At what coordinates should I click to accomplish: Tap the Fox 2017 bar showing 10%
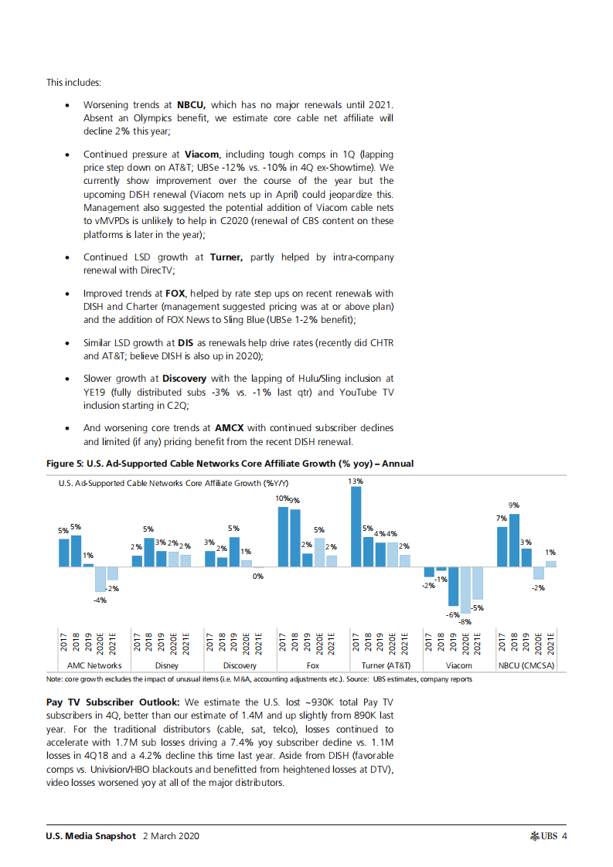(x=284, y=537)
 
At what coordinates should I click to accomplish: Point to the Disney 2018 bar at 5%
(x=149, y=552)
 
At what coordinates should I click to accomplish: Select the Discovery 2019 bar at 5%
(x=234, y=552)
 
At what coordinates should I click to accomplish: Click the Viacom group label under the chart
(x=458, y=665)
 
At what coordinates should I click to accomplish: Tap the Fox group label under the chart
(x=313, y=665)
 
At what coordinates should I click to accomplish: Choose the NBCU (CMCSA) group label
(x=526, y=665)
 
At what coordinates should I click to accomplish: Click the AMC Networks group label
(x=94, y=665)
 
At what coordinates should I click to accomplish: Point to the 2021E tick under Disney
(x=186, y=644)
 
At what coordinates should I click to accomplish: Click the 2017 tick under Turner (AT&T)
(x=356, y=644)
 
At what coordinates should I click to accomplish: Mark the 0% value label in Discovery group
(x=258, y=576)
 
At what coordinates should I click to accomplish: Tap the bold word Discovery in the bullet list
(x=183, y=379)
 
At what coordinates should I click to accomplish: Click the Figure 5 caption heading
(x=230, y=464)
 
